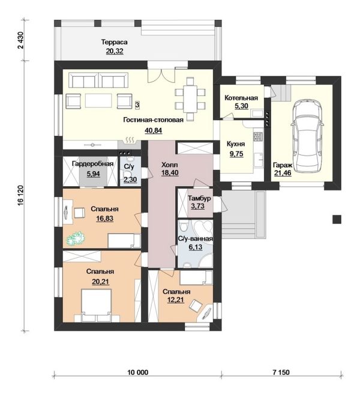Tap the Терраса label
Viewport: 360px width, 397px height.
pyautogui.click(x=115, y=42)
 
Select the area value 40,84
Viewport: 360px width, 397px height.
pyautogui.click(x=154, y=130)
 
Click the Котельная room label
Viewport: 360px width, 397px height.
pyautogui.click(x=241, y=98)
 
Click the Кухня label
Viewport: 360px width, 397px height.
pyautogui.click(x=236, y=144)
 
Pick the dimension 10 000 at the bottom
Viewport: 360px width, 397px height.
pyautogui.click(x=138, y=372)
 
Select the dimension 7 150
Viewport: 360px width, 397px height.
pyautogui.click(x=281, y=372)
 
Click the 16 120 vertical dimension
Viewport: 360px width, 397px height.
pyautogui.click(x=20, y=198)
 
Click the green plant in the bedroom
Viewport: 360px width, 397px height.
pyautogui.click(x=76, y=238)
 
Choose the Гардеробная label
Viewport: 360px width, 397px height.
pyautogui.click(x=92, y=164)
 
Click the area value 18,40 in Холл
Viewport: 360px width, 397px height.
pyautogui.click(x=170, y=173)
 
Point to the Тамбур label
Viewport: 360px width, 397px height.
pyautogui.click(x=199, y=198)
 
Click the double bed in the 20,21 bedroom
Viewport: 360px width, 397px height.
pyautogui.click(x=97, y=305)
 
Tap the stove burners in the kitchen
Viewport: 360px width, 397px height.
pyautogui.click(x=258, y=136)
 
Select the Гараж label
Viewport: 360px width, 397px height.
pyautogui.click(x=283, y=165)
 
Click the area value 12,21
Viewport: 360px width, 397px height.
pyautogui.click(x=176, y=300)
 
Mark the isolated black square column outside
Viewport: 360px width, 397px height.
pyautogui.click(x=337, y=219)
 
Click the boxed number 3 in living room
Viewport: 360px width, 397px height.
pyautogui.click(x=137, y=105)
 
